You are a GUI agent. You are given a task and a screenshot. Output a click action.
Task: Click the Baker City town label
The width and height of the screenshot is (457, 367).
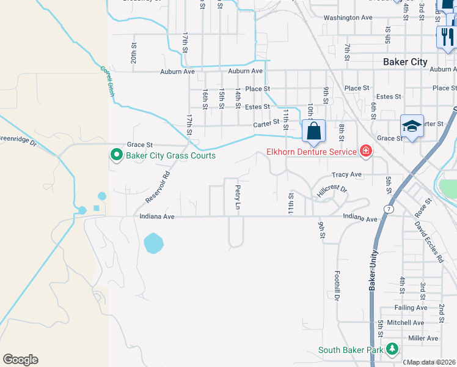[405, 62]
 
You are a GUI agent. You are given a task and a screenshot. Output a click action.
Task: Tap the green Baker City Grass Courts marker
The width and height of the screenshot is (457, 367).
[115, 155]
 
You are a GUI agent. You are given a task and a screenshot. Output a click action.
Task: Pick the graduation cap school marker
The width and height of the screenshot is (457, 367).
[412, 127]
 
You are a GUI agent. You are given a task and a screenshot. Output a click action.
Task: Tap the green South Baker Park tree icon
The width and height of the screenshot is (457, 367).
[391, 350]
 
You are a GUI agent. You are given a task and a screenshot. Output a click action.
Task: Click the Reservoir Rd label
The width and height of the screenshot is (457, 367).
[157, 185]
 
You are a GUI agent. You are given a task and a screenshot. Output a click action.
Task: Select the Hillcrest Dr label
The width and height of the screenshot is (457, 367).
[332, 191]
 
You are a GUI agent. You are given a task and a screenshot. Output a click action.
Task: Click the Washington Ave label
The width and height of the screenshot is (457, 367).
[348, 18]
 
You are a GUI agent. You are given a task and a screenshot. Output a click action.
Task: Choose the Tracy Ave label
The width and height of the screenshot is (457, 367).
[346, 174]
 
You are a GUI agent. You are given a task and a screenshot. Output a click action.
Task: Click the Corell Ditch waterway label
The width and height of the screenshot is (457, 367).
[108, 80]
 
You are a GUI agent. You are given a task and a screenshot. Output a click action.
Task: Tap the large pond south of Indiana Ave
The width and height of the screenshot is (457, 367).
[153, 243]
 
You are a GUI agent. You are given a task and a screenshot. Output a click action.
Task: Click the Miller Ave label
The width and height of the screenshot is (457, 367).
[423, 338]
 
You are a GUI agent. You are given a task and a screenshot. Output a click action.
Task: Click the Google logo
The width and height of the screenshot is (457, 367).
[20, 359]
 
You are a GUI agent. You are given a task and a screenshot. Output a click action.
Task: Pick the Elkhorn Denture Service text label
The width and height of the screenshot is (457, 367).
[311, 152]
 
